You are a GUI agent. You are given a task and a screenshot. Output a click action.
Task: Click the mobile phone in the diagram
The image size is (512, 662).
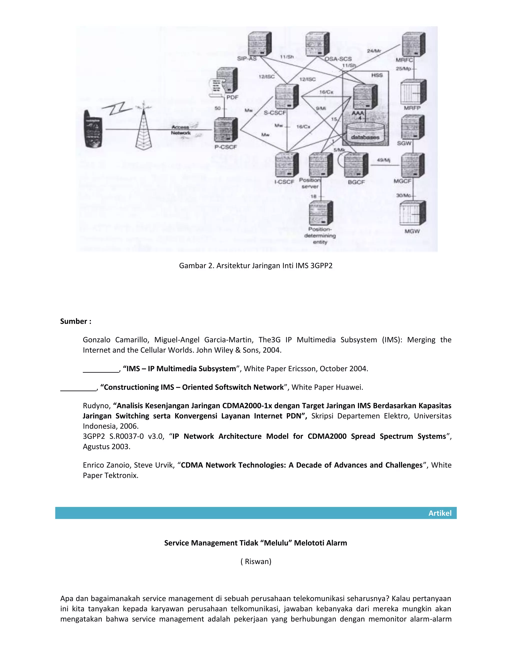93,129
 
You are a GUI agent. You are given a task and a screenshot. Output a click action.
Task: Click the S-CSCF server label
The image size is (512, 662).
274,113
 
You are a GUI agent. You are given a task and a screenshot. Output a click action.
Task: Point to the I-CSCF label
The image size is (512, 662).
284,182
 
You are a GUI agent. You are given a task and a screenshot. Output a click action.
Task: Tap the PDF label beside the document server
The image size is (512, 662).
232,97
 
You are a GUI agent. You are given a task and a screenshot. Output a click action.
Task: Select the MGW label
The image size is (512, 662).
412,231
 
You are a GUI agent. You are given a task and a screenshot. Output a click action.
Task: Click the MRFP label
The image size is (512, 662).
412,108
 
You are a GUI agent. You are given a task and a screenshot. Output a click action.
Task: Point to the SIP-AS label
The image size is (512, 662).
246,59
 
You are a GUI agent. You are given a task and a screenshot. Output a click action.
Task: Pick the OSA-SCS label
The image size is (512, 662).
338,59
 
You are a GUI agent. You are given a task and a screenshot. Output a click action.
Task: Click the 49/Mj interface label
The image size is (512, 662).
383,160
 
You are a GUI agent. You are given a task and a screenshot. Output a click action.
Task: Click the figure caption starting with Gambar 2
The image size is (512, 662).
256,266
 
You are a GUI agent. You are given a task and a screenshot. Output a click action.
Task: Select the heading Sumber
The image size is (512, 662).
75,321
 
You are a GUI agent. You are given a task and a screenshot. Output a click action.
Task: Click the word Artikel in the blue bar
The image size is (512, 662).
440,513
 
